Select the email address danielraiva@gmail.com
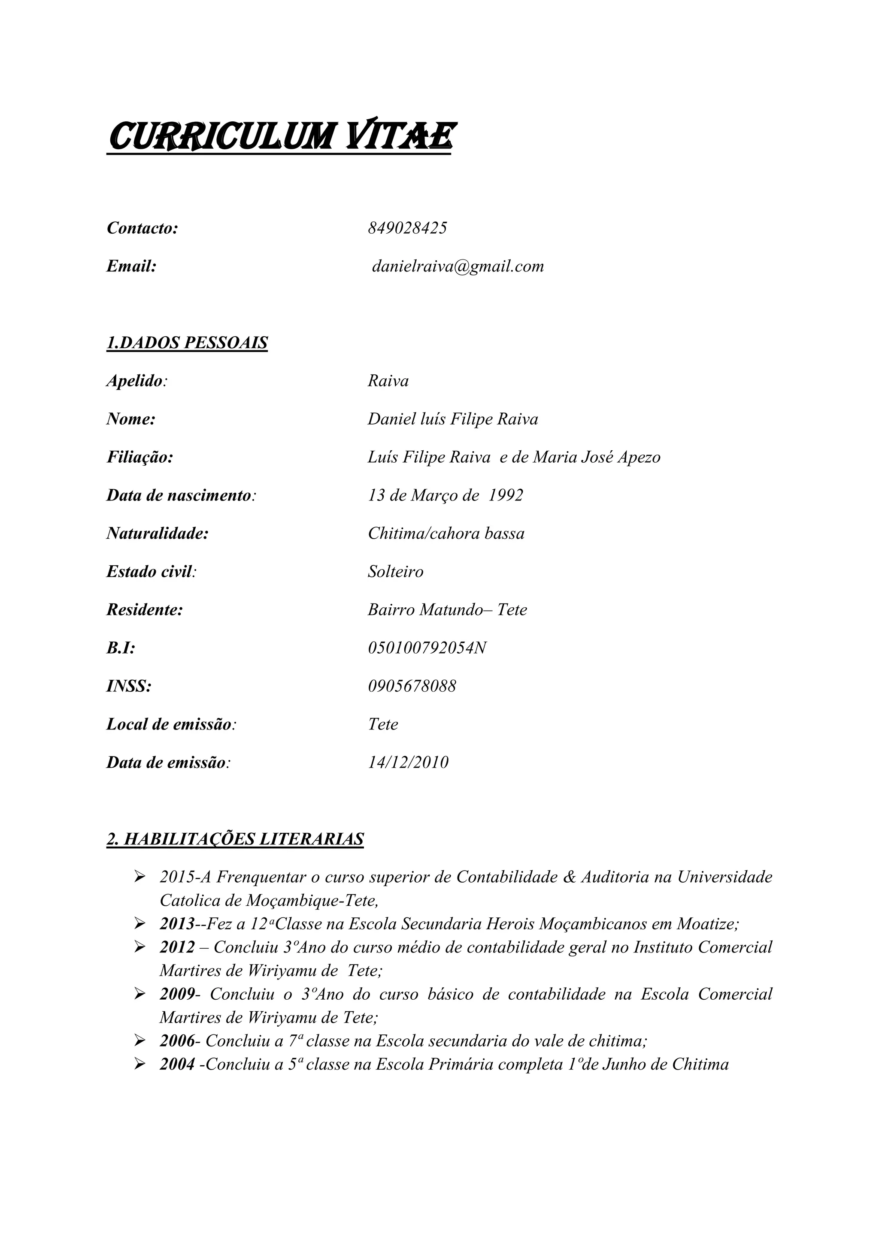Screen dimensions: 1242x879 (458, 266)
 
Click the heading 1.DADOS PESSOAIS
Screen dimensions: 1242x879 (187, 343)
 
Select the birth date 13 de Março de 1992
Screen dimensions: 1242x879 (446, 495)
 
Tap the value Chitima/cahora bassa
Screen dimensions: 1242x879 (446, 534)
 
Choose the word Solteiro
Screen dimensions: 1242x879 (396, 572)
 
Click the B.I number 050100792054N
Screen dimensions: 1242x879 (427, 648)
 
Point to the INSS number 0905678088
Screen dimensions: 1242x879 (412, 687)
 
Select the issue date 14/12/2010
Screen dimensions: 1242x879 (408, 763)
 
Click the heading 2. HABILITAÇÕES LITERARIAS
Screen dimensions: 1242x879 (235, 839)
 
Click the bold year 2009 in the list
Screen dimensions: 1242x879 (176, 994)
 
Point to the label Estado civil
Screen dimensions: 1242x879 (150, 572)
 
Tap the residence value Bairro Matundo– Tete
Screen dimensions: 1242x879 (447, 610)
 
